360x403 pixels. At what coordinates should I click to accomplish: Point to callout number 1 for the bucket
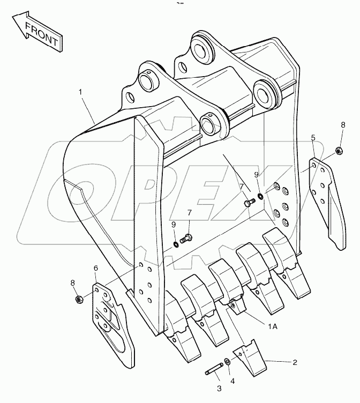coord(81,92)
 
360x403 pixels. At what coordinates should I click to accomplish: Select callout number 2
coord(295,362)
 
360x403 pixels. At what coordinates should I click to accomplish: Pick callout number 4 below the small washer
coord(232,382)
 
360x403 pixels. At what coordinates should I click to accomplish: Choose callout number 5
coord(313,138)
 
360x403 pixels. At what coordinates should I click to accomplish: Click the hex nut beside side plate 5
coord(339,151)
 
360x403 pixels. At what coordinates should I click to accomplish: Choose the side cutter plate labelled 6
coord(111,322)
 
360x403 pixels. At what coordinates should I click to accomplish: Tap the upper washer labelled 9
coord(259,196)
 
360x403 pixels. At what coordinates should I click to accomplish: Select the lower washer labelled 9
coord(176,244)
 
